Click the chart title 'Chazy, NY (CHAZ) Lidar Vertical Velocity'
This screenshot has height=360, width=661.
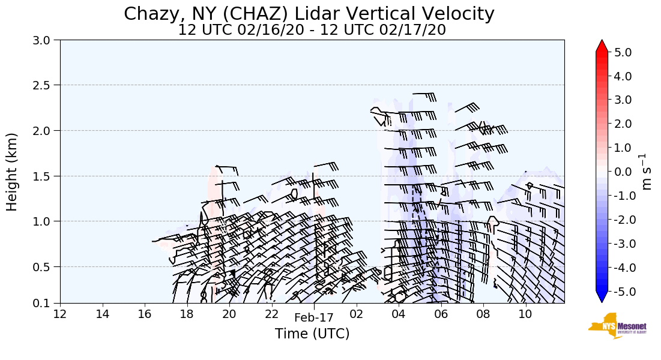pos(309,14)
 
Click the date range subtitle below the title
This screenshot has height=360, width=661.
pos(312,30)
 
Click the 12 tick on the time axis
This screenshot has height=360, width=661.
pos(60,314)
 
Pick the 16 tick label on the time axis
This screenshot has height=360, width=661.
pos(145,314)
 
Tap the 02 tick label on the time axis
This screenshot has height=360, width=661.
pos(357,314)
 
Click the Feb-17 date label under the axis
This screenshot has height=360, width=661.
pos(313,319)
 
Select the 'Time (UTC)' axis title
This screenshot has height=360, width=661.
pos(312,334)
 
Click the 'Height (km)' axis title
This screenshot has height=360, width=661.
pos(13,172)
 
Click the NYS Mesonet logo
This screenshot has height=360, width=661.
pos(612,326)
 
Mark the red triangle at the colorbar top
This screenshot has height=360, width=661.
pos(602,46)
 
